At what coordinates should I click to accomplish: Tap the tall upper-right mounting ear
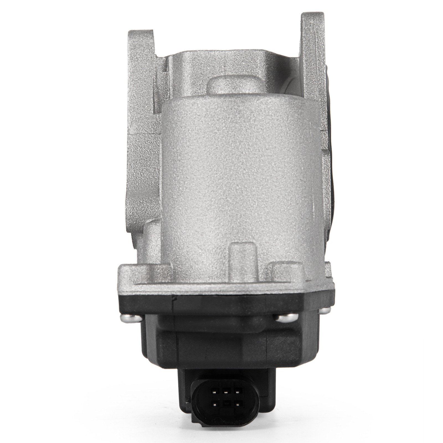coord(313,36)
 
